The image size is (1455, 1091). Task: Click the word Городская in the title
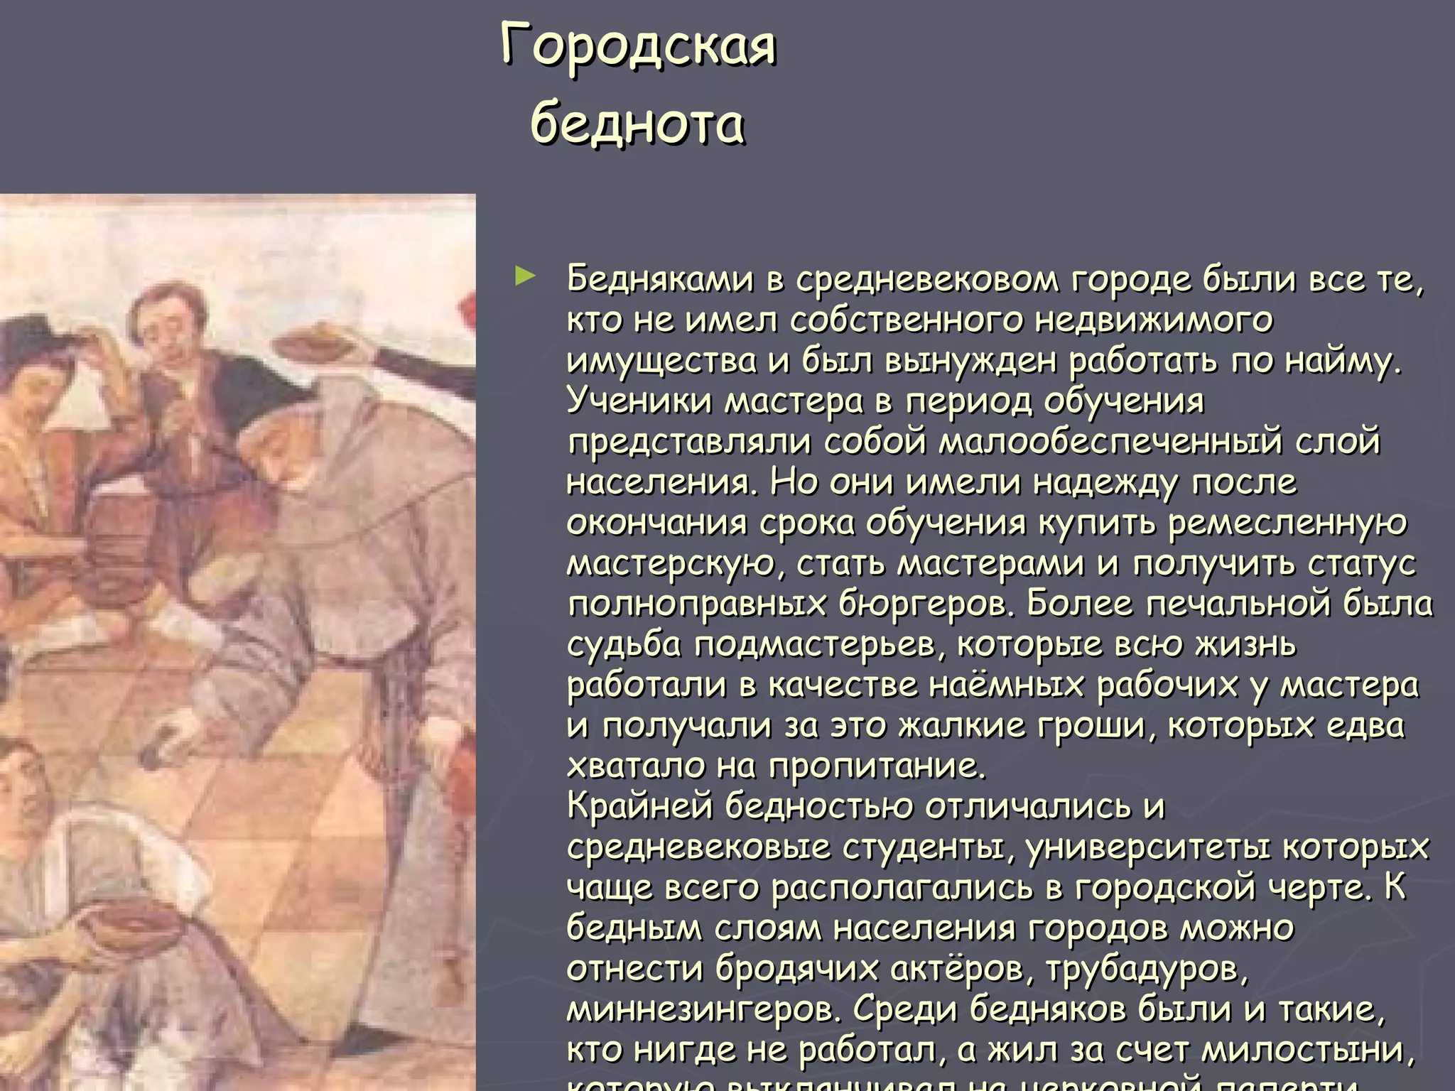638,45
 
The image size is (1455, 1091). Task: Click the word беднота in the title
637,123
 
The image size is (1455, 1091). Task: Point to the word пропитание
877,767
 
